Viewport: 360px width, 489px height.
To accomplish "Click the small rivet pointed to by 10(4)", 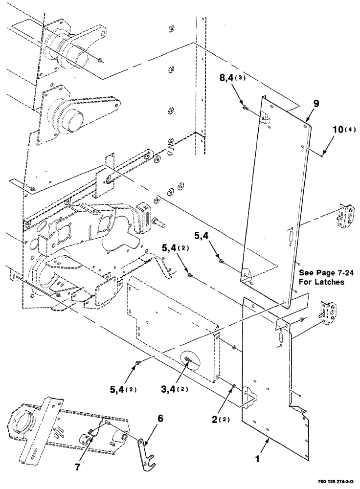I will tap(322, 156).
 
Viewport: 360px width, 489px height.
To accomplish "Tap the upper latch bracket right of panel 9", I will tap(347, 215).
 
